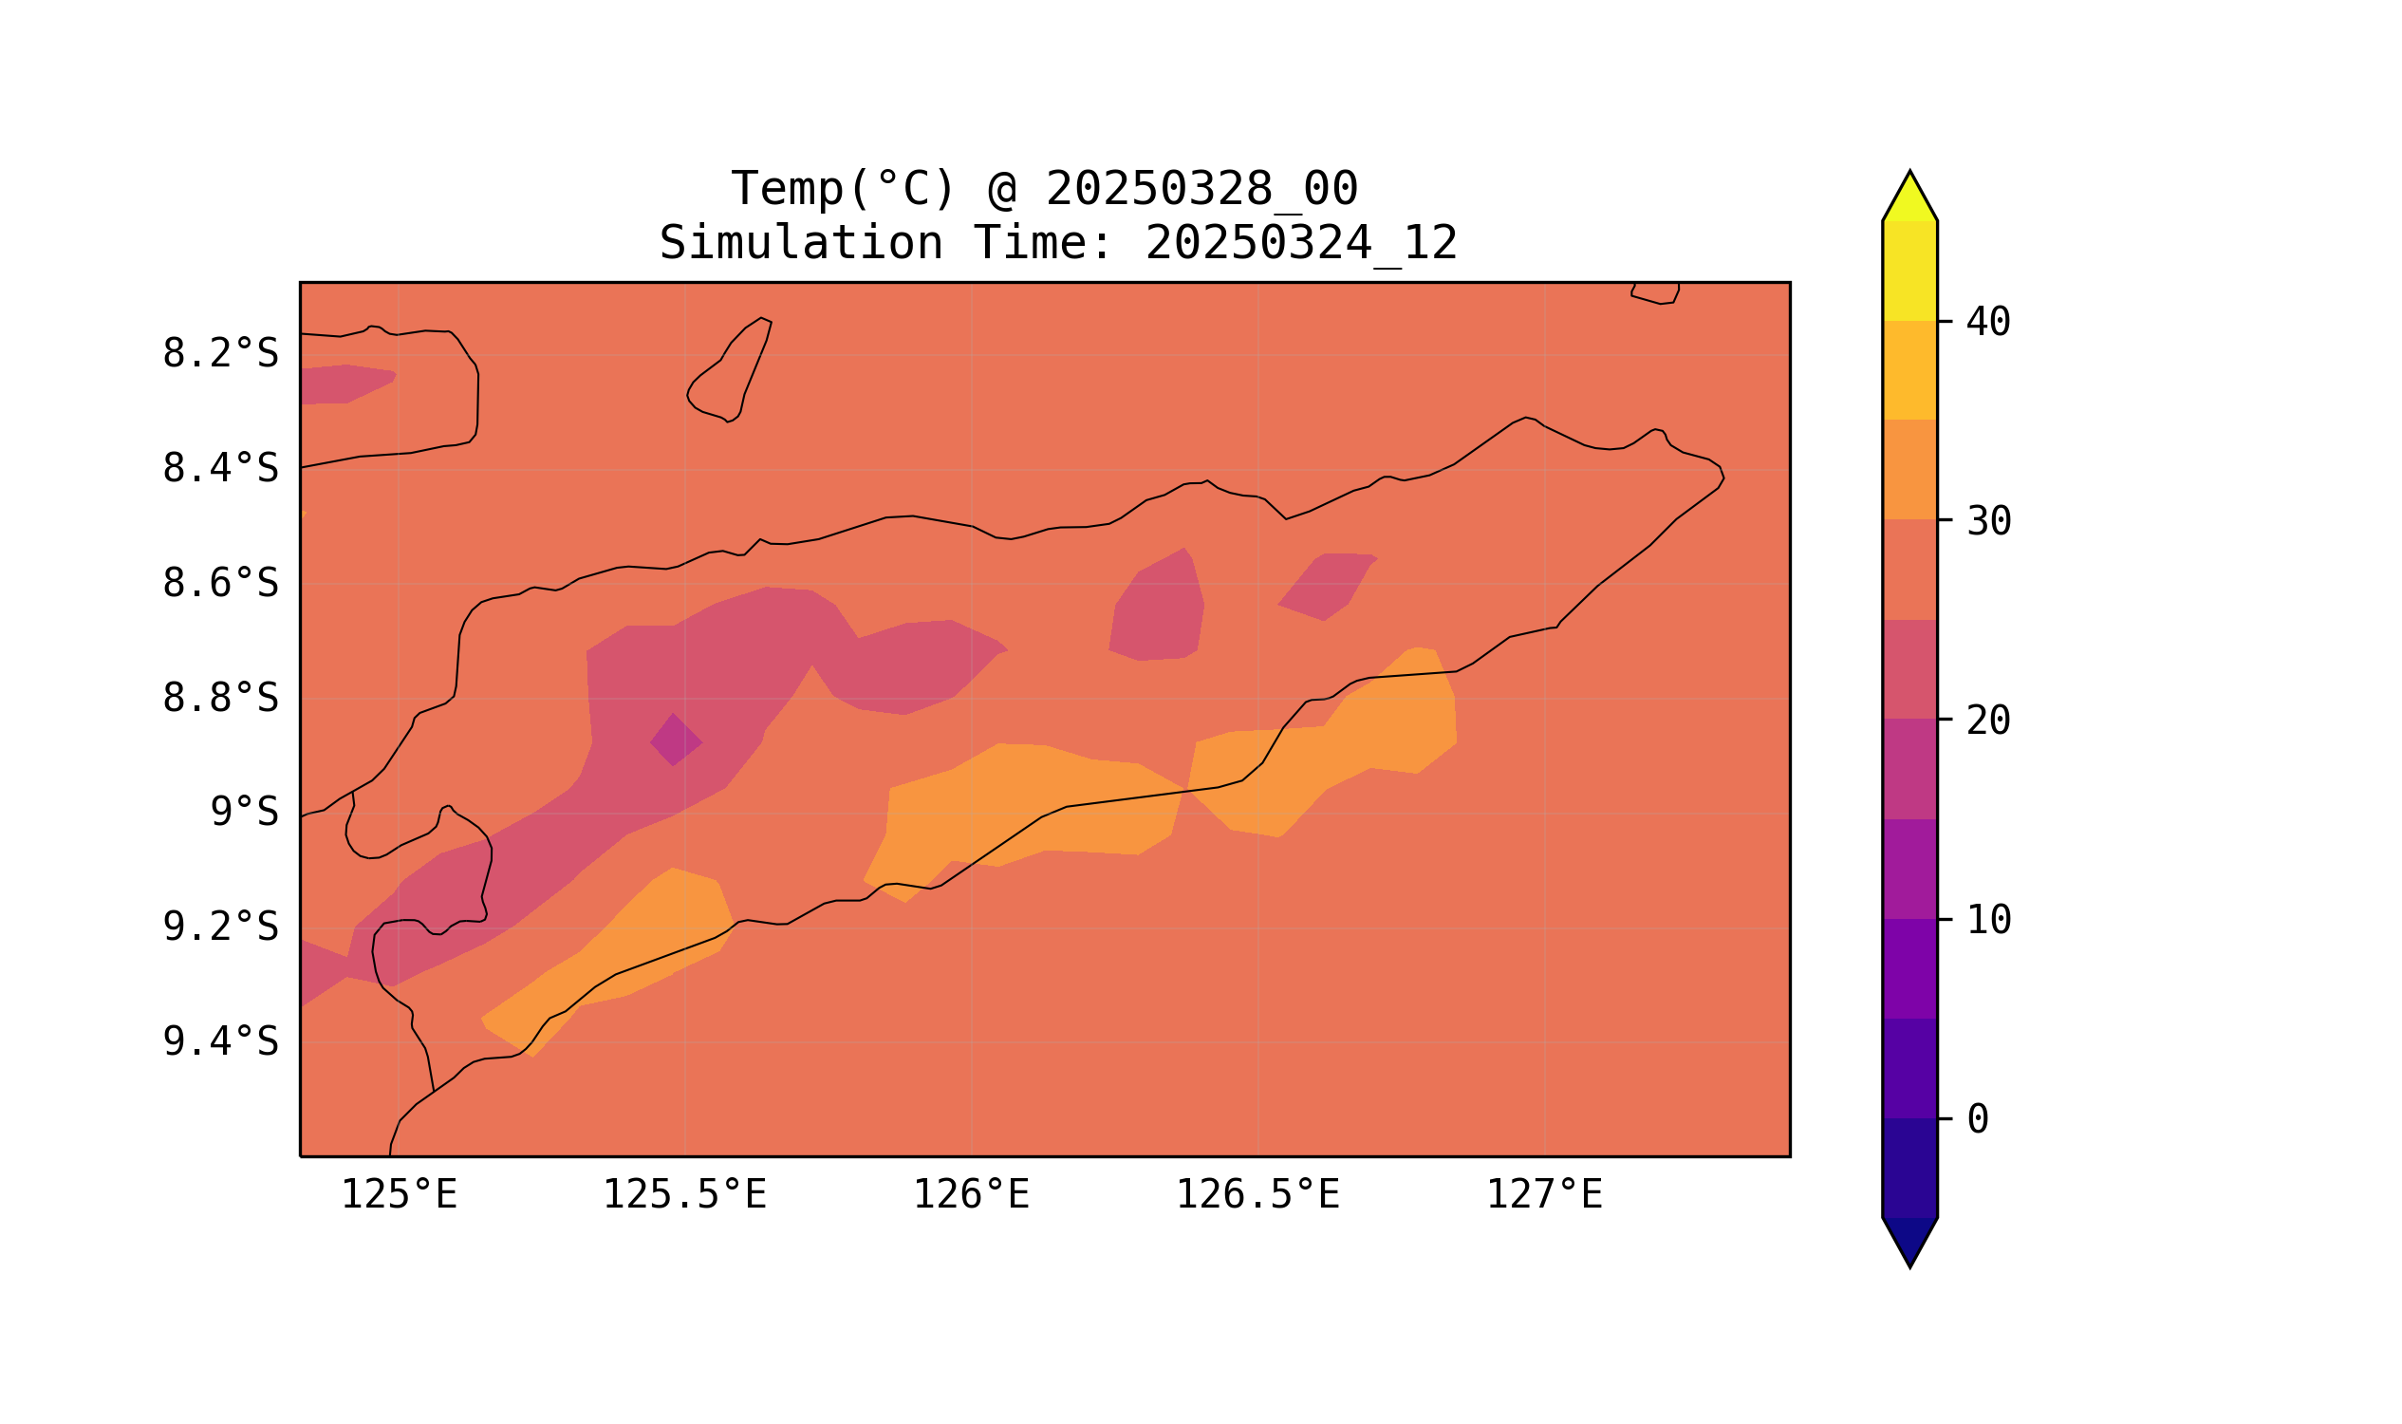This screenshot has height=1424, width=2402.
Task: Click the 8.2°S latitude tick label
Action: pyautogui.click(x=219, y=354)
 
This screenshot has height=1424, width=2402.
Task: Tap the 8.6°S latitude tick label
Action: pyautogui.click(x=219, y=584)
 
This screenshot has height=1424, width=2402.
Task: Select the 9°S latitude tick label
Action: pyautogui.click(x=244, y=813)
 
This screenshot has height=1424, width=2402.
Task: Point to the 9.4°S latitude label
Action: pyautogui.click(x=219, y=1042)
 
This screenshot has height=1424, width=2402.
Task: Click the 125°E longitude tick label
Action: pyautogui.click(x=399, y=1195)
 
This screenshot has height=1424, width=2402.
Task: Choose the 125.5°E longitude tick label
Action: pyautogui.click(x=684, y=1195)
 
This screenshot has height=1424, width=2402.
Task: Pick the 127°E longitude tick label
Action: pyautogui.click(x=1543, y=1195)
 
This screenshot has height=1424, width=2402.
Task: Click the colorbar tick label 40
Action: pyautogui.click(x=1987, y=323)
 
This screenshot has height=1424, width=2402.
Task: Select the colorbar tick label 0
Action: pyautogui.click(x=1977, y=1120)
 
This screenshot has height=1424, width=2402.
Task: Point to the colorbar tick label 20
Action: pyautogui.click(x=1987, y=721)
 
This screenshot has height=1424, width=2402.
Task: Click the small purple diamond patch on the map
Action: pyautogui.click(x=676, y=740)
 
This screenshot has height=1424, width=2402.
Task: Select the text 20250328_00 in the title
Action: pyautogui.click(x=1201, y=189)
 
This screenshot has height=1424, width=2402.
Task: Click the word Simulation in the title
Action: pyautogui.click(x=800, y=244)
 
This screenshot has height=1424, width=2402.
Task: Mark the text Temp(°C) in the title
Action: pyautogui.click(x=842, y=189)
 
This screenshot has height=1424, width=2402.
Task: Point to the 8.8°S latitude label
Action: pyautogui.click(x=219, y=699)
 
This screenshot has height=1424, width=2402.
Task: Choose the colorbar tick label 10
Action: pyautogui.click(x=1987, y=920)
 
